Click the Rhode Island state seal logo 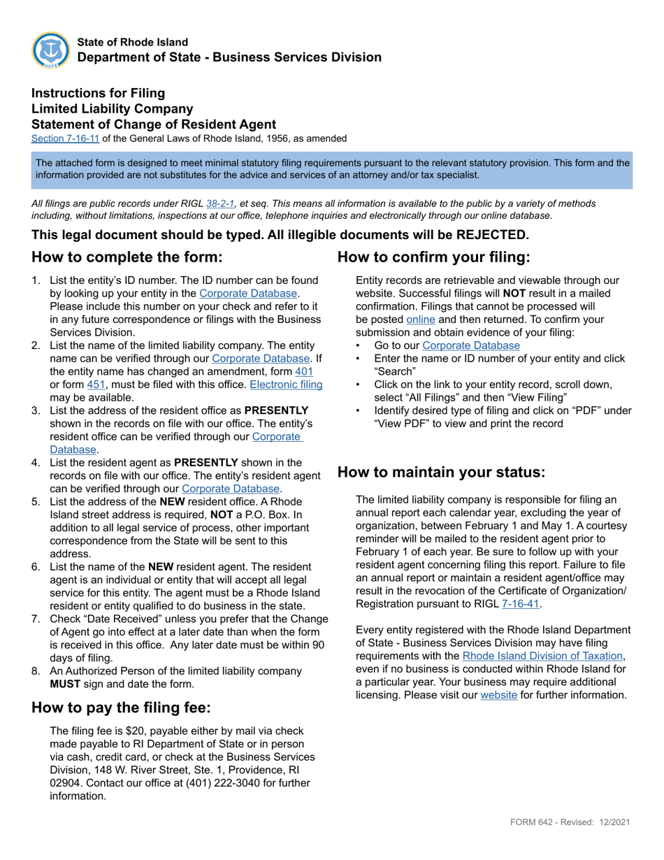(50, 50)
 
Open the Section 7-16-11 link (65, 138)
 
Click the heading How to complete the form (127, 257)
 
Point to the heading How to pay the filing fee (121, 708)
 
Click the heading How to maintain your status (441, 472)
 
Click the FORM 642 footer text (533, 822)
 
